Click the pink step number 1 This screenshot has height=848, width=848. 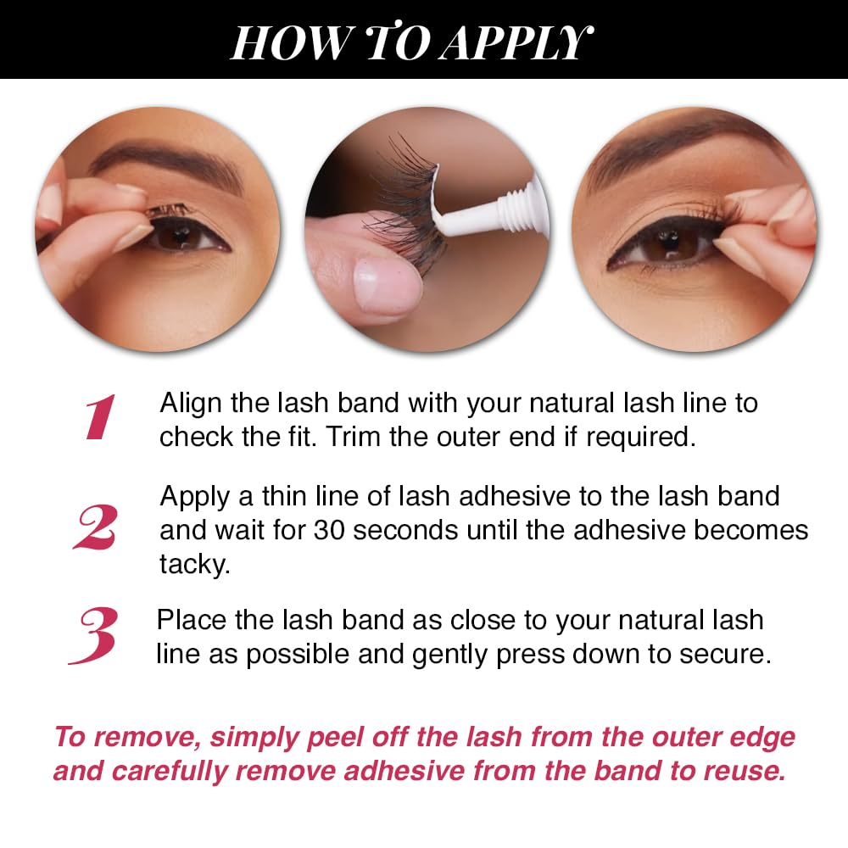click(100, 417)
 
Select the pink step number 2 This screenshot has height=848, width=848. click(95, 527)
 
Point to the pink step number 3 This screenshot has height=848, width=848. click(93, 635)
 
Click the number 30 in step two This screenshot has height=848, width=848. click(329, 530)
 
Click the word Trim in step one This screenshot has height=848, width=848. click(353, 437)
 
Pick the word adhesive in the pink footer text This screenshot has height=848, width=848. click(404, 771)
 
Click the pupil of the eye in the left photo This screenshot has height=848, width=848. click(179, 235)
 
